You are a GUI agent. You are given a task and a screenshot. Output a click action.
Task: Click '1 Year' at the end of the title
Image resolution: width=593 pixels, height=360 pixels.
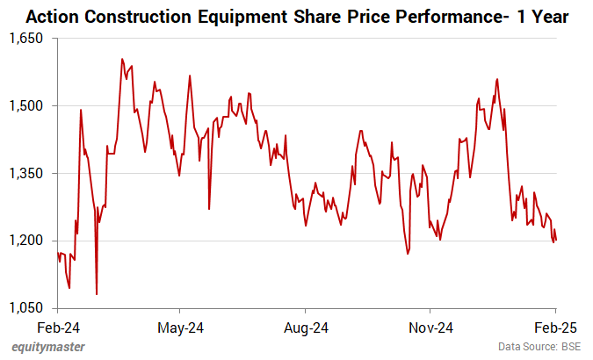(x=541, y=16)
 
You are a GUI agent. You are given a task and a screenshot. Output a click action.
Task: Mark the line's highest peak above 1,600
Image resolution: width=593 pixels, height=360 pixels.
(x=121, y=59)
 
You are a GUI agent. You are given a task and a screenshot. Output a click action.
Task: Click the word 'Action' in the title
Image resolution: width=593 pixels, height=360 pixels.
(x=54, y=16)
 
